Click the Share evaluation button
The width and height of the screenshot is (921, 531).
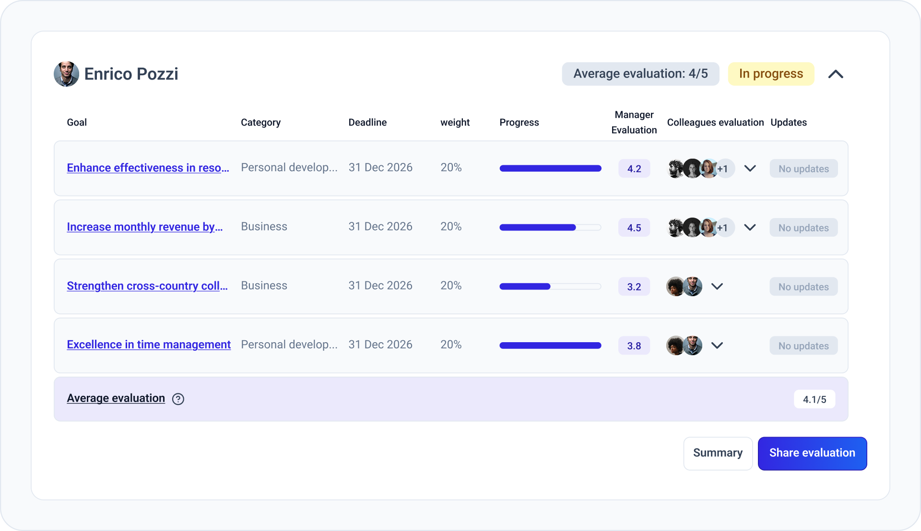coord(812,453)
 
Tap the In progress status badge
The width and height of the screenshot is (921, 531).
coord(771,74)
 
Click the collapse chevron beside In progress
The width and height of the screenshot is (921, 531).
coord(836,74)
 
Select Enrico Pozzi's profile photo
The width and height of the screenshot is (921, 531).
coord(66,74)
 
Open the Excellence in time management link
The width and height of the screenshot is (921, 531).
coord(149,345)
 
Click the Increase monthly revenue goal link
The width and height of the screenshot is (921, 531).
coord(145,227)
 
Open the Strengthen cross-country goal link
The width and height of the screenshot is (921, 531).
coord(147,286)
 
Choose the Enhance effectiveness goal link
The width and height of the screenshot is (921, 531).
coord(148,168)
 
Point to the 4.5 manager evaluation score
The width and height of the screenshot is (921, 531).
coord(634,228)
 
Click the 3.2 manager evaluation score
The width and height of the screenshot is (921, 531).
coord(634,287)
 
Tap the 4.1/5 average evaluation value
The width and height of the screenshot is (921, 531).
coord(815,399)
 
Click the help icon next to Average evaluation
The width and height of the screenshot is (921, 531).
coord(178,399)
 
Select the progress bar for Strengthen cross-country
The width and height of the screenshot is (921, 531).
coord(550,287)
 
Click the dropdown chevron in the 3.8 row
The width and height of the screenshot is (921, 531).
coord(717,346)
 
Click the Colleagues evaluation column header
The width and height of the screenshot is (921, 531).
coord(715,122)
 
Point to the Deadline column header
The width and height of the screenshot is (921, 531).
coord(367,122)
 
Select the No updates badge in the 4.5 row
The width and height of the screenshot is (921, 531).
coord(803,228)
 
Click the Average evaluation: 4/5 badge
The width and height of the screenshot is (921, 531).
coord(640,74)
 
